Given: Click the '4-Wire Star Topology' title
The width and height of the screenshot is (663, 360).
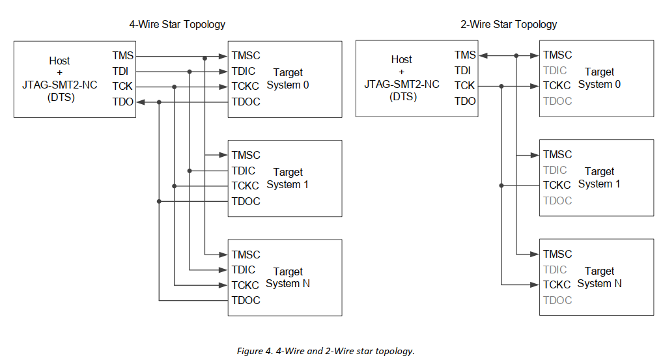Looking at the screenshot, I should (x=177, y=24).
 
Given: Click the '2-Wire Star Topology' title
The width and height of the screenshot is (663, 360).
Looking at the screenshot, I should (x=509, y=24).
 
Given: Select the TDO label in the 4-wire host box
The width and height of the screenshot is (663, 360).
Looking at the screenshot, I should (x=122, y=102).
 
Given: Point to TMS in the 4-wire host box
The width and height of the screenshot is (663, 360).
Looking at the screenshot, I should (x=122, y=57).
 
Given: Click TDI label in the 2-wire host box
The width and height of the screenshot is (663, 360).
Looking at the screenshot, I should (x=462, y=70).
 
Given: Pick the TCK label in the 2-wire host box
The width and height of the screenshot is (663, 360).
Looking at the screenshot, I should (x=464, y=86).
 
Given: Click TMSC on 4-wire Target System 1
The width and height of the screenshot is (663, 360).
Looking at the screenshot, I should (x=246, y=155).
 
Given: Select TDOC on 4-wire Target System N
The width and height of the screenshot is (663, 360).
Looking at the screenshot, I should (x=246, y=300).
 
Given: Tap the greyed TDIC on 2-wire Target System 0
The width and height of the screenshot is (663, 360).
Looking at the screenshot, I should (x=555, y=70).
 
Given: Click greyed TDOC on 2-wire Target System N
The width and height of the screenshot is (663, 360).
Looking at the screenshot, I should (x=557, y=300).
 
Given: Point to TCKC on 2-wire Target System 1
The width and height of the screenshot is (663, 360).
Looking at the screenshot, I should (x=557, y=185).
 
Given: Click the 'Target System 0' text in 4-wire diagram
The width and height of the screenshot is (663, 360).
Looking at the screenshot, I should (x=287, y=79).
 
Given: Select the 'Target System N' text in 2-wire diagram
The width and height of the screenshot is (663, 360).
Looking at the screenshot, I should (x=599, y=277).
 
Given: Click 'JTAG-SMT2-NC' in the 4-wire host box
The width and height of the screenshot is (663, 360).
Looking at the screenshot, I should (x=60, y=85).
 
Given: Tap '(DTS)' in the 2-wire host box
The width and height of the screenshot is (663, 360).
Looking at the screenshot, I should (x=401, y=97).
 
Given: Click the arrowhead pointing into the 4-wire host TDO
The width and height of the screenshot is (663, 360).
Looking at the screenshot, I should (x=141, y=102).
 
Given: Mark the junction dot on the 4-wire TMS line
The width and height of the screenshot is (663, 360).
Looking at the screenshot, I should (x=205, y=58).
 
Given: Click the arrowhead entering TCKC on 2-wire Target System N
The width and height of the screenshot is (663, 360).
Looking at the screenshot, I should (x=535, y=284).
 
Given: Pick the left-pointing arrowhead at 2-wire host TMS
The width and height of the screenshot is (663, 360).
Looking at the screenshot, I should (x=483, y=56).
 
